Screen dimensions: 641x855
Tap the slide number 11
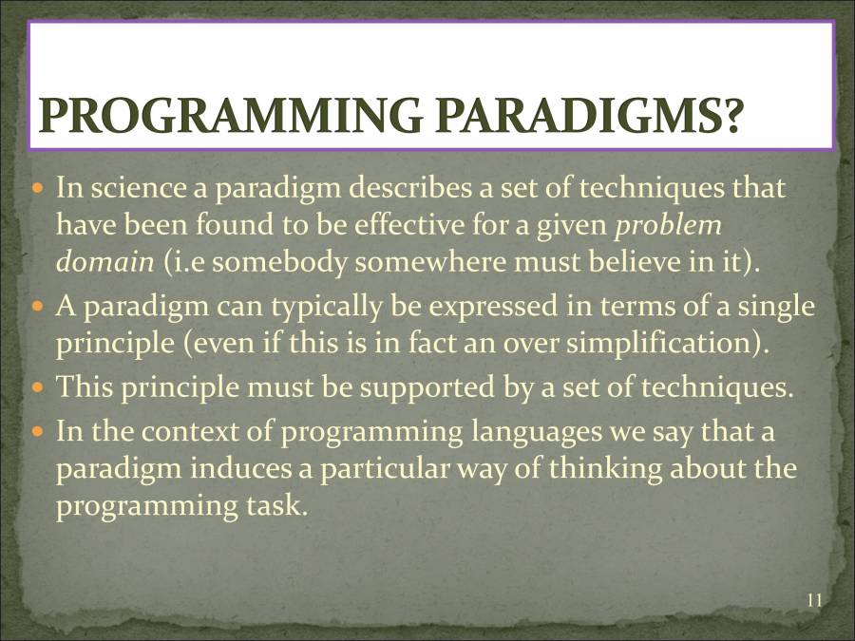click(x=813, y=599)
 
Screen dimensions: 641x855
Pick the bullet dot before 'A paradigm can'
click(x=39, y=308)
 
